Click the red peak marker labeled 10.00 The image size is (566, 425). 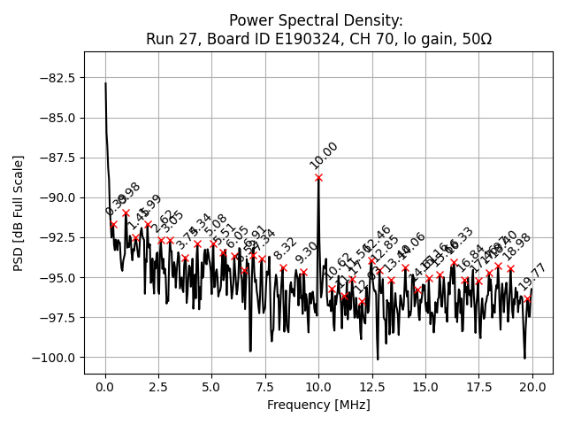click(x=318, y=178)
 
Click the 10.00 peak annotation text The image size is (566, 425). click(x=324, y=155)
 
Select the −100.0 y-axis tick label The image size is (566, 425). click(x=54, y=358)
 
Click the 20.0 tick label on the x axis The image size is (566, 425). click(x=532, y=387)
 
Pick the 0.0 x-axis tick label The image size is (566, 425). click(x=105, y=387)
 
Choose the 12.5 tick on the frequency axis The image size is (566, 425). click(x=372, y=387)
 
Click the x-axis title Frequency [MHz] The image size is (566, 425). click(x=318, y=406)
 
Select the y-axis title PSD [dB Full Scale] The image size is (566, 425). click(x=19, y=212)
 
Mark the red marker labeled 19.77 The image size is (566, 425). click(x=527, y=298)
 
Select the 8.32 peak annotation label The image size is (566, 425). click(x=286, y=249)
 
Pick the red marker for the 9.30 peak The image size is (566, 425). click(x=303, y=273)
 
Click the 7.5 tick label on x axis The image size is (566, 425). click(x=265, y=387)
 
